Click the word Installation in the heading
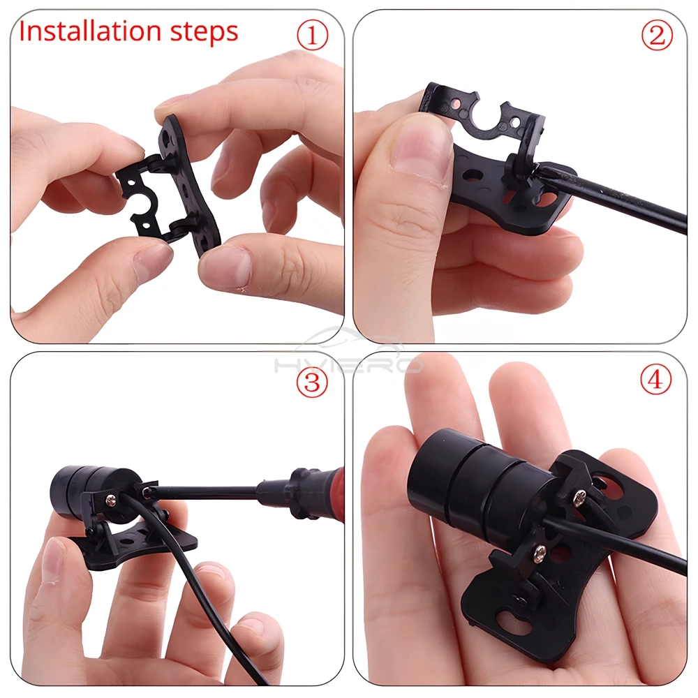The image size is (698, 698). (90, 31)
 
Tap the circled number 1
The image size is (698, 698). (313, 36)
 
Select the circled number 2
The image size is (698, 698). (657, 36)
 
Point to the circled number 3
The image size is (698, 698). (312, 382)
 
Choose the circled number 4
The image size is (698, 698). (655, 380)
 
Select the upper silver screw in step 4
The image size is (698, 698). (579, 493)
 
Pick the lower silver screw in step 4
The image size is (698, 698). (540, 551)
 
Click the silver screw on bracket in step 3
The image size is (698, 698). (110, 500)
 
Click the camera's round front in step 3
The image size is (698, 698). (60, 487)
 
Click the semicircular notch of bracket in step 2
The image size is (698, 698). (487, 119)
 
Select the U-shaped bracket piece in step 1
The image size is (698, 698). (142, 196)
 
